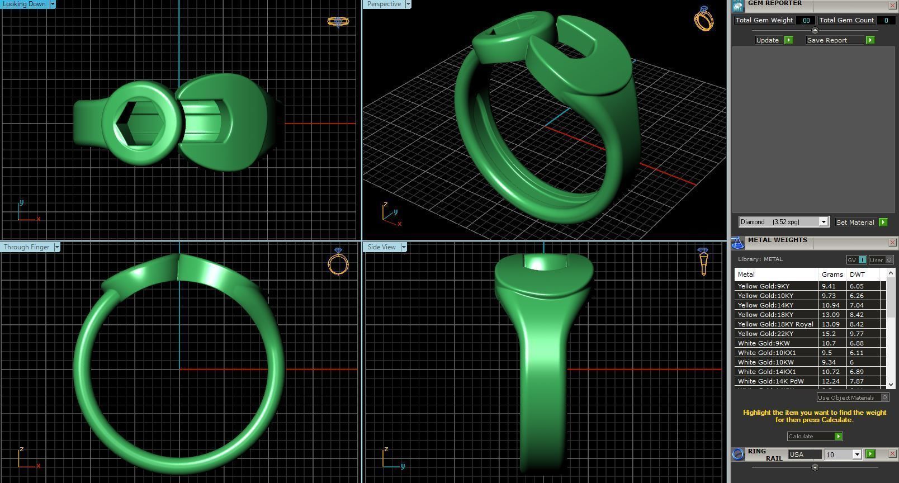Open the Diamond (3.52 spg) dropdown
tap(823, 222)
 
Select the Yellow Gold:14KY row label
tap(765, 305)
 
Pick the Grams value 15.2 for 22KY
tap(829, 334)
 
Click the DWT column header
tap(857, 274)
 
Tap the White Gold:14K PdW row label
tap(770, 381)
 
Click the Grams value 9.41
tap(829, 286)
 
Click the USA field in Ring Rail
tap(805, 454)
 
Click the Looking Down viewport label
tap(25, 4)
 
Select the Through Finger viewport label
tap(27, 247)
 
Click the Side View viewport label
tap(382, 247)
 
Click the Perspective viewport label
tap(384, 4)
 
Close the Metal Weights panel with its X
tap(892, 243)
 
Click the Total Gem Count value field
tap(886, 20)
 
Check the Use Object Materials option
tap(884, 397)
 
